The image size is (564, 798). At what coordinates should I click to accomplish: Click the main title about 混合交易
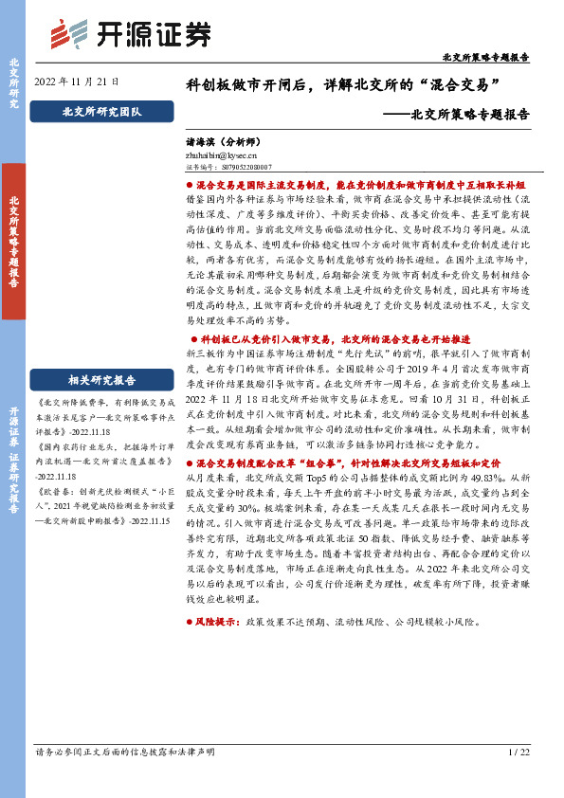pos(342,84)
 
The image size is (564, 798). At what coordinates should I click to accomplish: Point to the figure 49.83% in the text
pos(493,479)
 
